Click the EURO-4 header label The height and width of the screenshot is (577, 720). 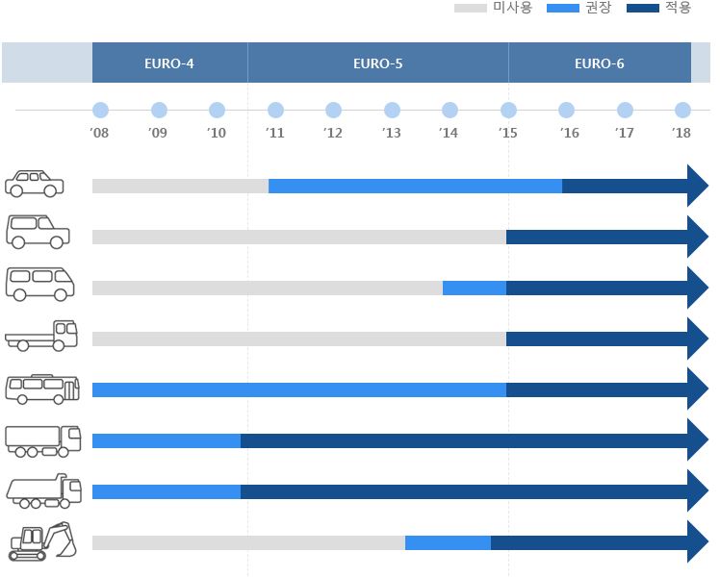pyautogui.click(x=169, y=63)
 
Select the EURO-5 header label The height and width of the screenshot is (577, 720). pyautogui.click(x=377, y=63)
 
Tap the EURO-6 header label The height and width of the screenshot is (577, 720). pyautogui.click(x=599, y=63)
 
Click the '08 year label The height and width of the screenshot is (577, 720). pyautogui.click(x=100, y=133)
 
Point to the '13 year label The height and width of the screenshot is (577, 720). pyautogui.click(x=391, y=133)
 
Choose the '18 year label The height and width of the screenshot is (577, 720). pyautogui.click(x=681, y=133)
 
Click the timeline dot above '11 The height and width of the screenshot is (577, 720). pyautogui.click(x=275, y=111)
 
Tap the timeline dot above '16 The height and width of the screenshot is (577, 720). pyautogui.click(x=566, y=111)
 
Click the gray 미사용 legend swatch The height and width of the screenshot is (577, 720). pyautogui.click(x=470, y=9)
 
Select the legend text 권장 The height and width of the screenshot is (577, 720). pyautogui.click(x=598, y=9)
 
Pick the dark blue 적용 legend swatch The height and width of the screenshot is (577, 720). pyautogui.click(x=642, y=9)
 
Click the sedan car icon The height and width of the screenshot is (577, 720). pyautogui.click(x=35, y=183)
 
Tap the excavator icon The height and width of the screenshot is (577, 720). pyautogui.click(x=42, y=541)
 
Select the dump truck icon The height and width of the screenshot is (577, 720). pyautogui.click(x=43, y=490)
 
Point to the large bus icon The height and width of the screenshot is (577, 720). pyautogui.click(x=43, y=388)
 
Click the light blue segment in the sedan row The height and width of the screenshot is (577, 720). pyautogui.click(x=415, y=186)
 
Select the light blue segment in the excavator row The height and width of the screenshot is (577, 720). pyautogui.click(x=448, y=542)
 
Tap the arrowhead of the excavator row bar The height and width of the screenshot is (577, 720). pyautogui.click(x=697, y=542)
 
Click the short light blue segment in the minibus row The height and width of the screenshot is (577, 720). pyautogui.click(x=474, y=288)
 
